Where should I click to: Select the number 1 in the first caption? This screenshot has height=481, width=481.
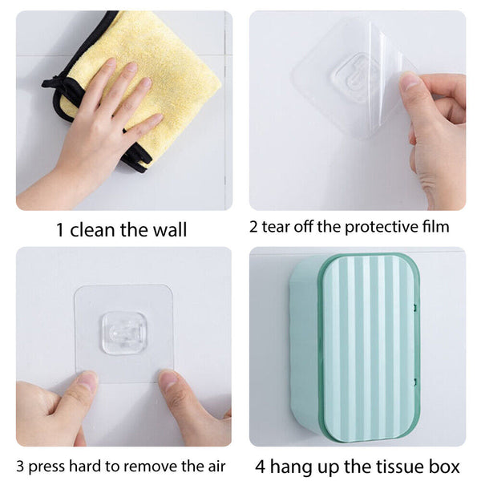60,230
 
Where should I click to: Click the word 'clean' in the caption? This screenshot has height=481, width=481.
95,230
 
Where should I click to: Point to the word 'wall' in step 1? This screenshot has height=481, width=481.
169,230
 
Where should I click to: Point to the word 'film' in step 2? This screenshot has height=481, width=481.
435,226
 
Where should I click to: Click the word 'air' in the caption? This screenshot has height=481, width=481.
213,467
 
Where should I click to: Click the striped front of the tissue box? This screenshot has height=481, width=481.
369,345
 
